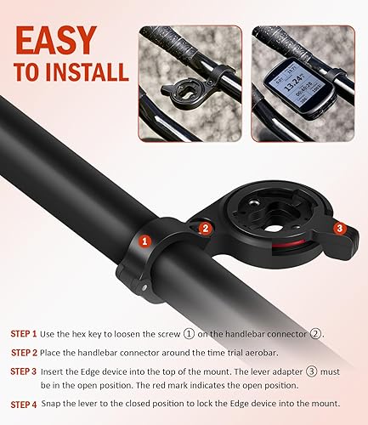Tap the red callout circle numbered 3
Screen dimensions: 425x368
(x=339, y=228)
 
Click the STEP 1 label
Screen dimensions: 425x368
(x=24, y=333)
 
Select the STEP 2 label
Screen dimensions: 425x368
(x=24, y=352)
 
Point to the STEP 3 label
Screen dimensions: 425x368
(x=24, y=371)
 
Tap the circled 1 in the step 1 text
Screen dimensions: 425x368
(x=202, y=333)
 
